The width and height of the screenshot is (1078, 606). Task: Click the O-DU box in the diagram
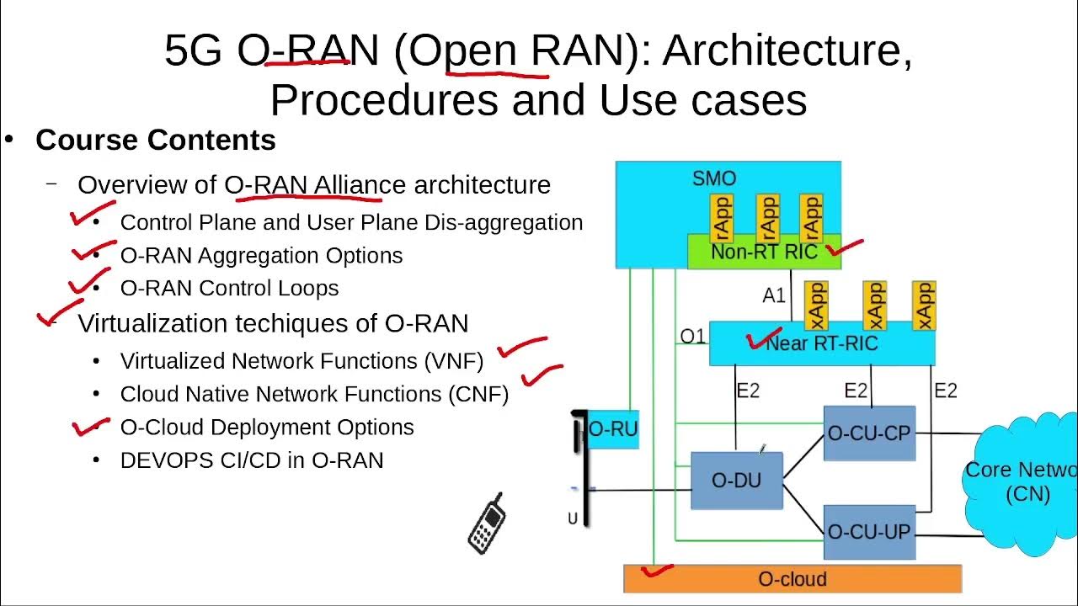[736, 481]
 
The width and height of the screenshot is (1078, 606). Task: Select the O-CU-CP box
[869, 433]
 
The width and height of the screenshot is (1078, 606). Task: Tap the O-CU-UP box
[869, 532]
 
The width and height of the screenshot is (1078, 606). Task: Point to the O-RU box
[613, 429]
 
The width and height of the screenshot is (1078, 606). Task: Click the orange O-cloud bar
[792, 579]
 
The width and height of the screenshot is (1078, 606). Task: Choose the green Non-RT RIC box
[764, 252]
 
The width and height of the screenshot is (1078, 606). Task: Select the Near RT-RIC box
[821, 343]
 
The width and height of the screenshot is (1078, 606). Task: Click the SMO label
[714, 178]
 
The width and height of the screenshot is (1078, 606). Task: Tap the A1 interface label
[774, 295]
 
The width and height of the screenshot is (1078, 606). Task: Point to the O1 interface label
[692, 337]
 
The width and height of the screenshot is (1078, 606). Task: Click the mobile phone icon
[486, 524]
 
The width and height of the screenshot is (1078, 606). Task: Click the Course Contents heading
[156, 140]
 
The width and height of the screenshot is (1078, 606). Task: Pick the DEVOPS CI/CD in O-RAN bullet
[252, 460]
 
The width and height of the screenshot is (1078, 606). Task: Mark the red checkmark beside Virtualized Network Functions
[522, 346]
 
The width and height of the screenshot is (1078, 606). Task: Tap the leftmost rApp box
[722, 218]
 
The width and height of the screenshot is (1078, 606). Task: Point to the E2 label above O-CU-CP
[856, 390]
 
